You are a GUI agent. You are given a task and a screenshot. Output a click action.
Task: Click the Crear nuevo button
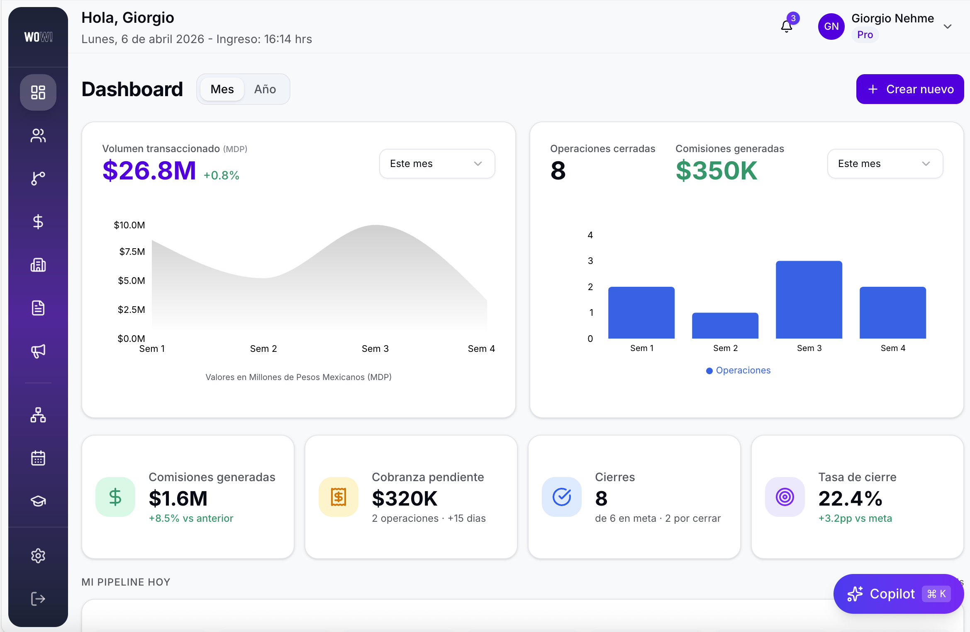point(909,89)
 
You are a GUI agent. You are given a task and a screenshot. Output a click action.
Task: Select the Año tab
point(265,89)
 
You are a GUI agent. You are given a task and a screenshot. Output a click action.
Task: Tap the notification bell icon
point(786,27)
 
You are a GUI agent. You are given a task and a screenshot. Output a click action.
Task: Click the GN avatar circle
point(831,27)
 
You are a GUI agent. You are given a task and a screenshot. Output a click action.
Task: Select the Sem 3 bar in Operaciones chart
point(809,300)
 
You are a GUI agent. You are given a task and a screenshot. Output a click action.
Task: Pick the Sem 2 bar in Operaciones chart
point(725,326)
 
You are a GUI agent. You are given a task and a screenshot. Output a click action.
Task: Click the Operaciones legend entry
point(738,370)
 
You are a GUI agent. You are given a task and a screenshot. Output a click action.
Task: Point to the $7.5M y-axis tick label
point(132,252)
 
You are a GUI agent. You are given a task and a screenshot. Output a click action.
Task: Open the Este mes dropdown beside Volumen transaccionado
point(437,164)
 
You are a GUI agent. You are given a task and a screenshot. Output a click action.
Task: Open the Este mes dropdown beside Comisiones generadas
point(885,164)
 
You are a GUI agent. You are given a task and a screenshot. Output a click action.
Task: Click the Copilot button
point(898,594)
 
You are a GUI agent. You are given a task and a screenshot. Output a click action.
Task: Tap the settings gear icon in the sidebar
point(38,556)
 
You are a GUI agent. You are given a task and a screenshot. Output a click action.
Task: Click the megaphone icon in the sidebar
point(38,351)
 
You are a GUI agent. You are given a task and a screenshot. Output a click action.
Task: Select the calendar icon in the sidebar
point(38,458)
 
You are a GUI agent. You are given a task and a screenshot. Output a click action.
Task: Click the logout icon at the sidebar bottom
point(38,599)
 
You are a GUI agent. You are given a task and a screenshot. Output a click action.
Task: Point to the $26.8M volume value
point(149,170)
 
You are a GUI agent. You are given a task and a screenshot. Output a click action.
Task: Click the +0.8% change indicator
point(221,175)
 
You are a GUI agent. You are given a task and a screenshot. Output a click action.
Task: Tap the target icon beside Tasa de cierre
point(785,497)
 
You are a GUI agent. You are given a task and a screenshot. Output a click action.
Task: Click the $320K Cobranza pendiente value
point(405,498)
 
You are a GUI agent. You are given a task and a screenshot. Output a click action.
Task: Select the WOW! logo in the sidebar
point(38,37)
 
